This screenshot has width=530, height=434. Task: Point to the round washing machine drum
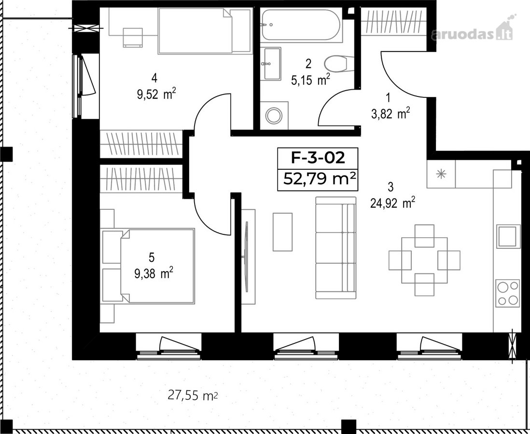[274, 116]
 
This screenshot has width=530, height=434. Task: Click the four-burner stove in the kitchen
[508, 293]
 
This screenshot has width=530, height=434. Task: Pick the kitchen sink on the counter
[508, 236]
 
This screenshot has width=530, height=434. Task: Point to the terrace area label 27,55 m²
[193, 394]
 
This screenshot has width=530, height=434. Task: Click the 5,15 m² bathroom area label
[310, 81]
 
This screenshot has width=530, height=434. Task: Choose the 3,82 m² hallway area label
[391, 114]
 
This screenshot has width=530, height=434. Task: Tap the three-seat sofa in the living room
[336, 248]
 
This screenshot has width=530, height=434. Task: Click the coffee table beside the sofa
[282, 231]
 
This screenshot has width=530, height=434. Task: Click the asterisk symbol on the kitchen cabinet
[441, 174]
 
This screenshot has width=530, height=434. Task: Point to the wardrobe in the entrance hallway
[393, 22]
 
